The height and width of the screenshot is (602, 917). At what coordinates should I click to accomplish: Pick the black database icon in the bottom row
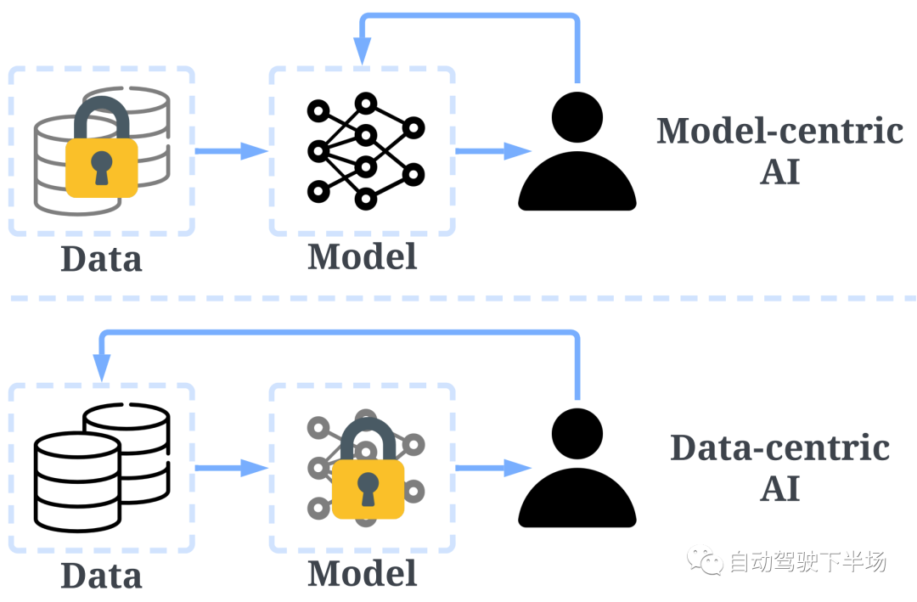(101, 468)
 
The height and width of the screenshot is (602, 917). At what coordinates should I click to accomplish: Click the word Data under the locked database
(101, 259)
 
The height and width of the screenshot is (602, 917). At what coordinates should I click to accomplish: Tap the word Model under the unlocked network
(363, 256)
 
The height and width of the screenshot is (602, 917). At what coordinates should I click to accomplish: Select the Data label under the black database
(101, 576)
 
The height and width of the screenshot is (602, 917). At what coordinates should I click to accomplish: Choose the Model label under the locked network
(363, 573)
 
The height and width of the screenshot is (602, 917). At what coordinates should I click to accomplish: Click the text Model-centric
(779, 132)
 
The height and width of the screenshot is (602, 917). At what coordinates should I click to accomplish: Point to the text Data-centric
(779, 448)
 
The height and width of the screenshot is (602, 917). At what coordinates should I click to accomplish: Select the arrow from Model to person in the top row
(492, 151)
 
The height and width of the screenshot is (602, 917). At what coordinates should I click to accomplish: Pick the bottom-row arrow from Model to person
(492, 467)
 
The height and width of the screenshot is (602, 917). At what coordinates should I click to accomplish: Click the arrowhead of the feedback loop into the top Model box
(363, 53)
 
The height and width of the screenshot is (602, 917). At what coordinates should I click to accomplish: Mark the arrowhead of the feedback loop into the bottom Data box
(102, 369)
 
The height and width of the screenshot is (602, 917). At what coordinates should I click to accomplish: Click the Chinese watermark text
(807, 561)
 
